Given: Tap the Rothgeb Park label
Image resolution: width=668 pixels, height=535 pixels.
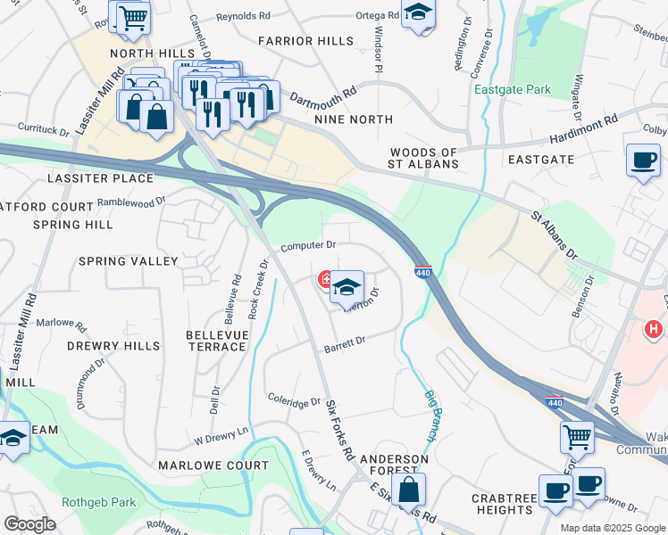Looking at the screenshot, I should pos(98,502).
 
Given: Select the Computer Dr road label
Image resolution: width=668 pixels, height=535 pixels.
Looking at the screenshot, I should pos(308,245).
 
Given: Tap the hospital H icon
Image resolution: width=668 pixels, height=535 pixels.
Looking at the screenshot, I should pos(655,330).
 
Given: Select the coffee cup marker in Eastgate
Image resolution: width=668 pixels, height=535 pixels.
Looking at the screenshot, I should pos(643,160).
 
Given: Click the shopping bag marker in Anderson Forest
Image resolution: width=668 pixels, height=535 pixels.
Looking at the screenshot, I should pos(408,489).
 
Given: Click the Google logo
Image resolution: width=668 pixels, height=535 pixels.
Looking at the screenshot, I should pos(30,524).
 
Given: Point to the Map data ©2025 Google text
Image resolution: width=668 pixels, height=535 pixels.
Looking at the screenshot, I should pos(612,528).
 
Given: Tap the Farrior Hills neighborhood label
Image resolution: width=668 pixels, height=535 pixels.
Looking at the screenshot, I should pos(298,41).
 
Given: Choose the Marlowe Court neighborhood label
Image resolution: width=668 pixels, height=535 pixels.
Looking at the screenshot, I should pos(213,465).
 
